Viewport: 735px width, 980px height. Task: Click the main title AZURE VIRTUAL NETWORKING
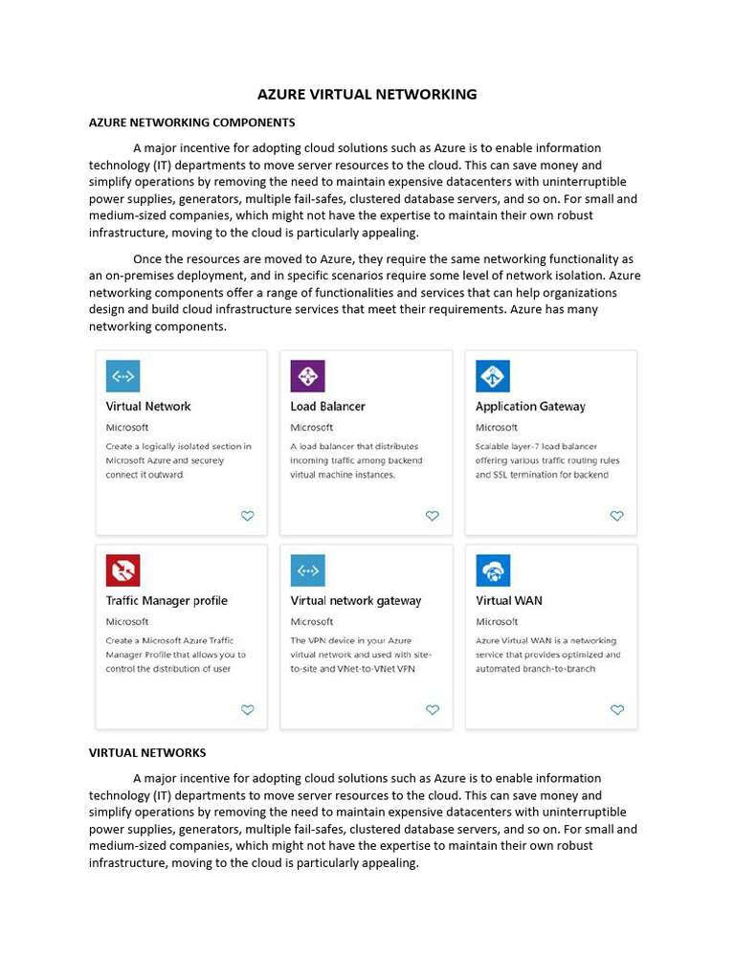click(x=367, y=94)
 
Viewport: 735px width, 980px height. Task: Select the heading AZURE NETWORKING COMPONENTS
click(x=191, y=122)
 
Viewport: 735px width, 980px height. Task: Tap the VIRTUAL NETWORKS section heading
click(x=147, y=752)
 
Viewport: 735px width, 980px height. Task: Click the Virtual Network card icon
click(x=122, y=376)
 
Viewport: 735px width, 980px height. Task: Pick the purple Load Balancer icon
click(x=307, y=376)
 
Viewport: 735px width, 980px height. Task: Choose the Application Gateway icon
click(x=493, y=376)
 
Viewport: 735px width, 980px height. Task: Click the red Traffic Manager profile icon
click(x=122, y=570)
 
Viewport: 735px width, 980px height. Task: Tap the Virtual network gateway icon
click(x=307, y=570)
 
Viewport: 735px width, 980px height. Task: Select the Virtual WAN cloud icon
click(x=493, y=570)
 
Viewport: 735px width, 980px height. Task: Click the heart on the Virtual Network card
click(x=247, y=516)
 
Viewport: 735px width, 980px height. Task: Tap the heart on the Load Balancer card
click(x=432, y=516)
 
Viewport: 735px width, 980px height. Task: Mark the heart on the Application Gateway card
click(x=616, y=516)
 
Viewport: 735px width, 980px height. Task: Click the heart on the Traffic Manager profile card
click(x=247, y=710)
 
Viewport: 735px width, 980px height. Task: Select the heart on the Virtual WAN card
click(x=616, y=710)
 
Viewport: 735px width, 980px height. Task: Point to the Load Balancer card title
click(x=327, y=407)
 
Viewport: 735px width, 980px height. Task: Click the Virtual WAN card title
click(x=508, y=601)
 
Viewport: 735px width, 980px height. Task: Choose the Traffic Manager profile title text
click(x=167, y=601)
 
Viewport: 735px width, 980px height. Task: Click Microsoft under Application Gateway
click(x=496, y=428)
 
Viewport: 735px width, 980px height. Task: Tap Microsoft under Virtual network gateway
click(x=312, y=622)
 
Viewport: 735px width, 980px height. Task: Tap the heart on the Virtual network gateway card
click(x=432, y=710)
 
